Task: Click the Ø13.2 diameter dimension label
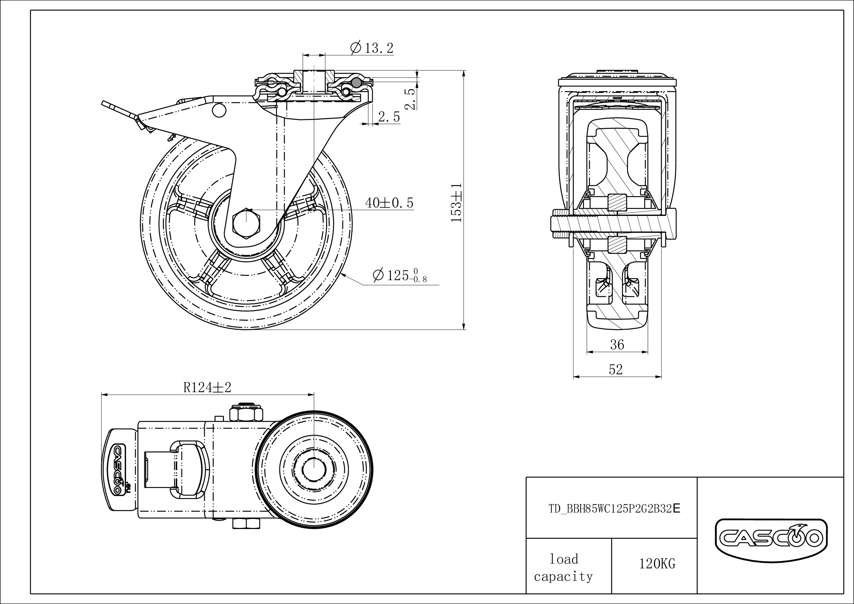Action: point(372,48)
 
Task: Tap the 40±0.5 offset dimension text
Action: point(389,203)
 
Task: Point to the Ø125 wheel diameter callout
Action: point(400,275)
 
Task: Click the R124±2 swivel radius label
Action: point(207,387)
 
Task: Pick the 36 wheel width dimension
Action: point(617,345)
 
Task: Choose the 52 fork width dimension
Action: point(616,369)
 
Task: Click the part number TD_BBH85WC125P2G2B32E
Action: point(614,508)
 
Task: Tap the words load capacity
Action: point(564,568)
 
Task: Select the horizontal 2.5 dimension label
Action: point(389,117)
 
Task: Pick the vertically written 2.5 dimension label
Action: point(410,99)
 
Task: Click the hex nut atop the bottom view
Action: point(246,414)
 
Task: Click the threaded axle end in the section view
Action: point(558,223)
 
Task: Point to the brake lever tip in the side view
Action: point(103,102)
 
